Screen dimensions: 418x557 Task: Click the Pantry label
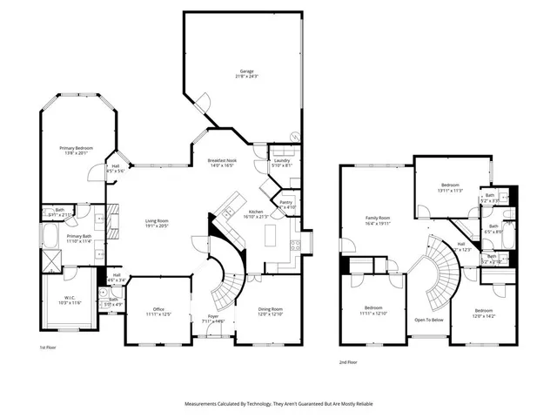[x=286, y=204]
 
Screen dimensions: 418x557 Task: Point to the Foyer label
[x=213, y=319]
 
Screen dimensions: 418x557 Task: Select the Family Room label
[x=377, y=219]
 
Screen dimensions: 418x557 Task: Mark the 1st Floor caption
[x=49, y=348]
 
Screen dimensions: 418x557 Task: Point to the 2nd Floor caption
[x=348, y=362]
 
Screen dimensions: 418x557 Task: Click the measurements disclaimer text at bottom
[x=278, y=404]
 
